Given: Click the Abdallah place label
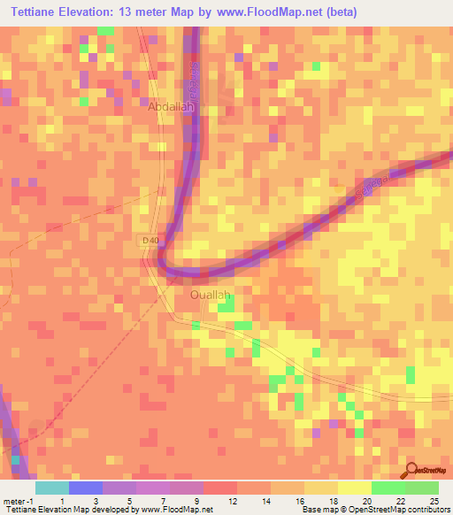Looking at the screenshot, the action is [170, 105].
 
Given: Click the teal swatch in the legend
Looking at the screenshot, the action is [52, 488].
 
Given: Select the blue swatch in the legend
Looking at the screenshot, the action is [86, 488].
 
